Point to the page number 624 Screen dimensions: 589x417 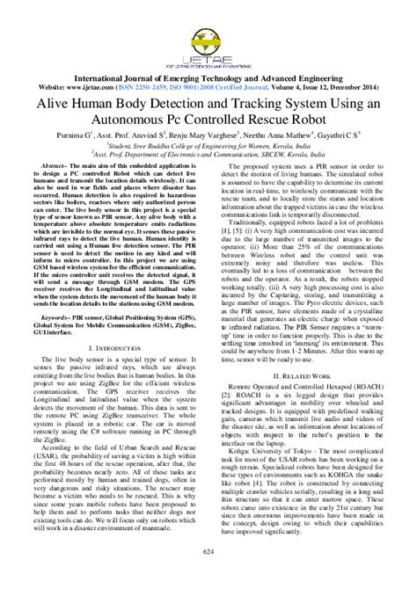pyautogui.click(x=208, y=576)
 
